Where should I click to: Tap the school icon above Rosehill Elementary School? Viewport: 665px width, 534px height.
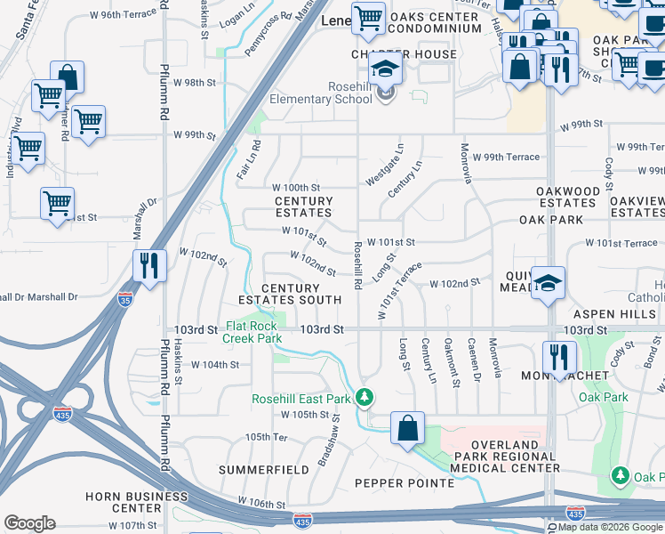pyautogui.click(x=385, y=69)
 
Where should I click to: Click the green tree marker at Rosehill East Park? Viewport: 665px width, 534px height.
pyautogui.click(x=363, y=396)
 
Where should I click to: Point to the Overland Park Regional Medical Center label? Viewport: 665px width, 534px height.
pyautogui.click(x=504, y=456)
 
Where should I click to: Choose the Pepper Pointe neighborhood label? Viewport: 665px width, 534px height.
pyautogui.click(x=405, y=483)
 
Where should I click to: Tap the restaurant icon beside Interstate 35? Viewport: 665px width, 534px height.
pyautogui.click(x=148, y=264)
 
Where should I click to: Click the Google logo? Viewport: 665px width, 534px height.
pyautogui.click(x=30, y=523)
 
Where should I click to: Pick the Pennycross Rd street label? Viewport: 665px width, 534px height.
pyautogui.click(x=268, y=35)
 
